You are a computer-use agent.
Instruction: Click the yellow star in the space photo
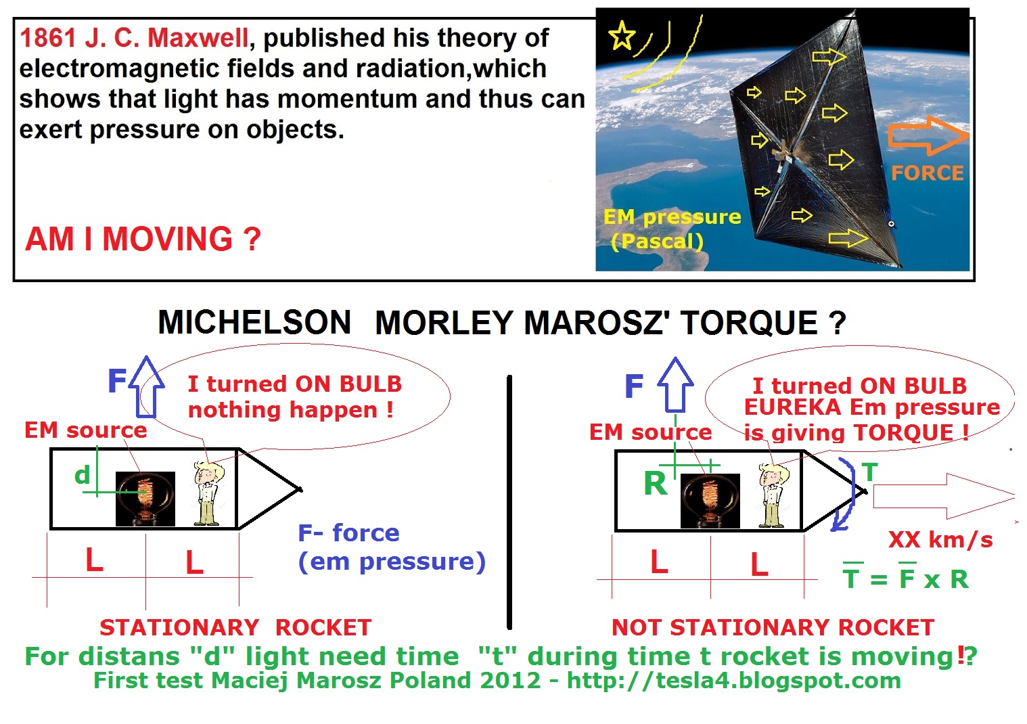pos(622,35)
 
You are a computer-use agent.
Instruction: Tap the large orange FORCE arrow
pos(928,135)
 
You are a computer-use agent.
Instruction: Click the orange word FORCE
pos(927,173)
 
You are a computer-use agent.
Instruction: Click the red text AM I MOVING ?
pos(143,239)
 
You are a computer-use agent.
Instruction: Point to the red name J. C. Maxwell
pos(166,38)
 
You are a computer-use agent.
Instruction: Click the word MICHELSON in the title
pos(254,322)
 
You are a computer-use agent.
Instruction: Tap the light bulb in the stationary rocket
pos(145,499)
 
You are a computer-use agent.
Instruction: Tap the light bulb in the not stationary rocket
pos(710,501)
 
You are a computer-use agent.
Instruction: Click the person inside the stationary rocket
pos(208,493)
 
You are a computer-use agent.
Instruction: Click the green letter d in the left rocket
pos(82,475)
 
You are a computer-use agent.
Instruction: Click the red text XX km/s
pos(940,539)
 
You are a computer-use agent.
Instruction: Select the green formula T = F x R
pos(905,579)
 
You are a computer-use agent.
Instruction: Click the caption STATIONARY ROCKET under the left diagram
pos(235,627)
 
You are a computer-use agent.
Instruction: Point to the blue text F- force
pos(348,533)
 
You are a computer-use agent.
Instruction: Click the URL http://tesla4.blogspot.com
pos(733,681)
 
